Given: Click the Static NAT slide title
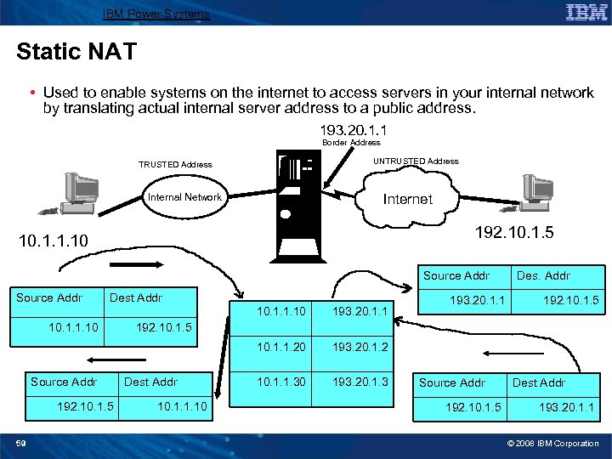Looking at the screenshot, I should (76, 52).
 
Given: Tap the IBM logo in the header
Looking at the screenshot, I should (585, 12).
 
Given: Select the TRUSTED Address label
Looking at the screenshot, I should (175, 165).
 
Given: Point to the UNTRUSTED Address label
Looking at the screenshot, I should (416, 161).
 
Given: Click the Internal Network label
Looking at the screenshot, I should (184, 197).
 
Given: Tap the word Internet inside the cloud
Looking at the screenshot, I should (408, 199).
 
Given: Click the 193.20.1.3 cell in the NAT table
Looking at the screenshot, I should (360, 382).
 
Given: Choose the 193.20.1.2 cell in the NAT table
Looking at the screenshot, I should (360, 348).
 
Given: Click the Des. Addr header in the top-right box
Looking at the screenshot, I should (543, 275).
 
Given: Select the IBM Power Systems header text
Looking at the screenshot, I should (156, 14).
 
